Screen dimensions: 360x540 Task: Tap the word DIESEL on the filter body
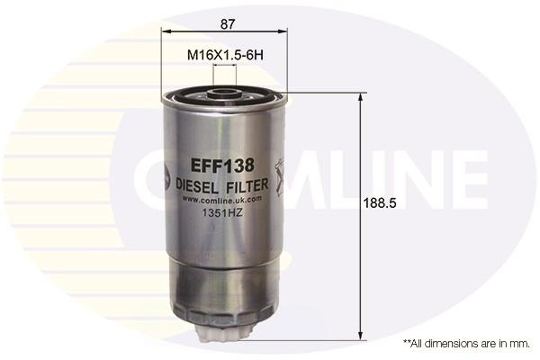[198, 185]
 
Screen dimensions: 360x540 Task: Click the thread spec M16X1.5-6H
[224, 55]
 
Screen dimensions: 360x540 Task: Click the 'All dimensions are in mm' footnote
[465, 344]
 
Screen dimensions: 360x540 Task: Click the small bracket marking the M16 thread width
[225, 69]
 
